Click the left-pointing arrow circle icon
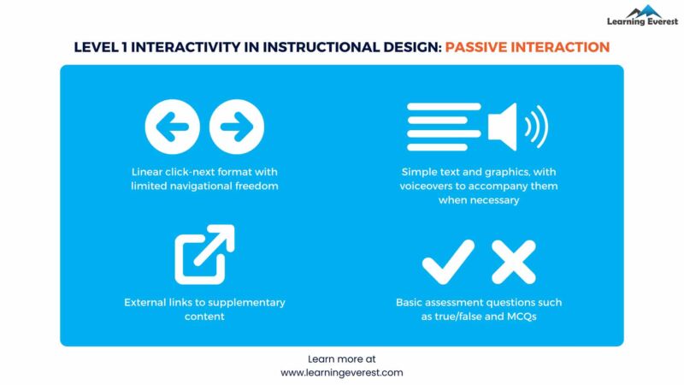click(x=173, y=128)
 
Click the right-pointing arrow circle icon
click(x=237, y=128)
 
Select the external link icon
click(x=204, y=255)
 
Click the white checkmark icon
click(x=448, y=261)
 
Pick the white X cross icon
click(x=513, y=261)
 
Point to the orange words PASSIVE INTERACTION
click(x=527, y=47)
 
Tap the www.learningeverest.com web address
click(x=341, y=373)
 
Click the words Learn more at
click(x=341, y=359)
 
